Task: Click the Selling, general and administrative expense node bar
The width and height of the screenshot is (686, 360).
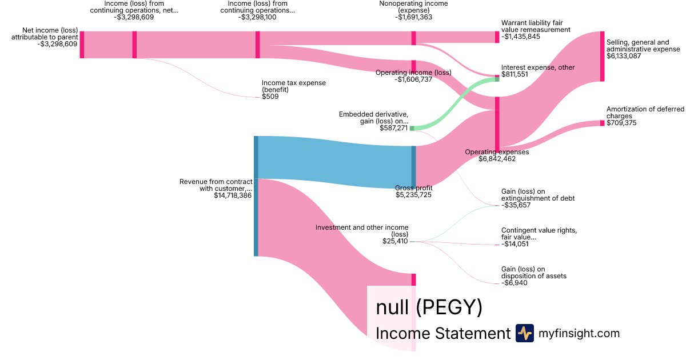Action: pos(602,57)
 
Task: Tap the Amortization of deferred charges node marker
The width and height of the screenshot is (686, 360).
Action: pos(602,123)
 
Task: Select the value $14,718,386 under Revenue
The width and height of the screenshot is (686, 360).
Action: pos(233,195)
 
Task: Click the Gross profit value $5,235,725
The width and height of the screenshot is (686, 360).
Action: pos(413,195)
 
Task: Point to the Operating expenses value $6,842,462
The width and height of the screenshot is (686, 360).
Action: pos(497,159)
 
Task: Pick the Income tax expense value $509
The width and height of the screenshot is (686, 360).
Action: pos(270,97)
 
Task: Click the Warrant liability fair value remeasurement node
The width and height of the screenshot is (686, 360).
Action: pos(497,37)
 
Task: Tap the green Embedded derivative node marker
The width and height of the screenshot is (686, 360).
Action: pos(412,129)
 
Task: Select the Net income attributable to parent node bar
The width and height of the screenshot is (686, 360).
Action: pos(82,45)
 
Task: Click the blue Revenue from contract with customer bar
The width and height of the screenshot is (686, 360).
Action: pos(256,196)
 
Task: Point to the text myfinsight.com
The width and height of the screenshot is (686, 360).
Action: pos(579,333)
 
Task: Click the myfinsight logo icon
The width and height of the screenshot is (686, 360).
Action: pos(524,333)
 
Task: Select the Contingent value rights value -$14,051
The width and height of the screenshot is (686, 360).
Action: pos(515,244)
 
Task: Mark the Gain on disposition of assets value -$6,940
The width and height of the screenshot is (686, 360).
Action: pos(513,283)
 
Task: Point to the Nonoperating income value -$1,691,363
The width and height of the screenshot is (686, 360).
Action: pos(413,17)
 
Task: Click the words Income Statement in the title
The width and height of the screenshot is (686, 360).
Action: pos(442,333)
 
